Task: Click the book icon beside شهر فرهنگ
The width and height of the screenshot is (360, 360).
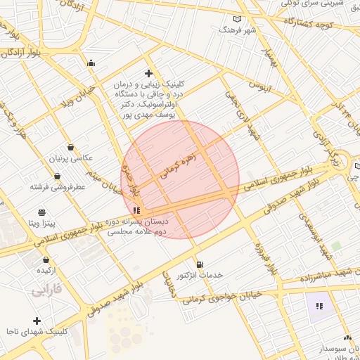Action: (237, 19)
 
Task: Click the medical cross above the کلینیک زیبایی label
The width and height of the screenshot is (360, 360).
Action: (148, 73)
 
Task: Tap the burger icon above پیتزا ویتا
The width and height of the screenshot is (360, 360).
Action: (41, 212)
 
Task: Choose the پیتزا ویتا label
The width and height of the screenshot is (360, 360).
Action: (42, 223)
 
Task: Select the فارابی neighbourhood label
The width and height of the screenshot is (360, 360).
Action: (46, 289)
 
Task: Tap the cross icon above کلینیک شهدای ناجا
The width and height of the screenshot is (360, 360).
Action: (37, 321)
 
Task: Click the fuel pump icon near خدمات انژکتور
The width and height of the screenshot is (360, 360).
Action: (200, 264)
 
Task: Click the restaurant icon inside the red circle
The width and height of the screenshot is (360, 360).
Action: (136, 210)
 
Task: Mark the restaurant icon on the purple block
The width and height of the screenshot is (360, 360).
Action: (319, 306)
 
